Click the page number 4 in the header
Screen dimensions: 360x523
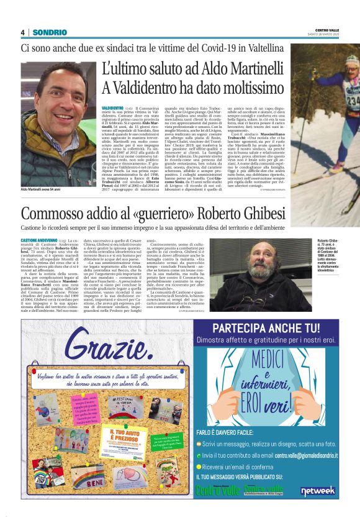coord(22,32)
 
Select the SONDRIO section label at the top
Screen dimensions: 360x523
coord(50,32)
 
